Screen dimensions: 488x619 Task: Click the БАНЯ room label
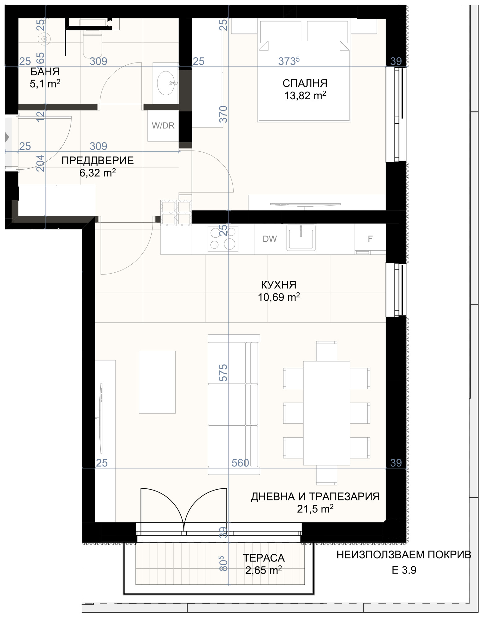45,72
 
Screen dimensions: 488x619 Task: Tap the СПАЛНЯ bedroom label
305,83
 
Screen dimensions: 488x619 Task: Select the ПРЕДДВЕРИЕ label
97,161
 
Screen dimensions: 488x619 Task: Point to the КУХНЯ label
279,285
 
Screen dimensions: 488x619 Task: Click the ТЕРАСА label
264,558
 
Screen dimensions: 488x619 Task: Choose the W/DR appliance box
163,126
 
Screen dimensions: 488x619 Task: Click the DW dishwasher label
270,239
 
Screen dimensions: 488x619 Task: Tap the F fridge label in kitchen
370,239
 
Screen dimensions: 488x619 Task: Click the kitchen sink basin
301,238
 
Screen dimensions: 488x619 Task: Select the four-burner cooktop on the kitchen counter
223,238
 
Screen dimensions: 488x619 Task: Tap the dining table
326,413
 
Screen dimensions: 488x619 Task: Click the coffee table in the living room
157,382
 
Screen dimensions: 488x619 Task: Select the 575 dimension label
223,373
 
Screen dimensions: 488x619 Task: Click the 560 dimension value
240,463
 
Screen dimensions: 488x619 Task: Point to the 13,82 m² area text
305,96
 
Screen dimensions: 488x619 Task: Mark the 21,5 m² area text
315,509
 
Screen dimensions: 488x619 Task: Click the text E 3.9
404,570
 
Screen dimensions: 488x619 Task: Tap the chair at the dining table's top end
327,351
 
